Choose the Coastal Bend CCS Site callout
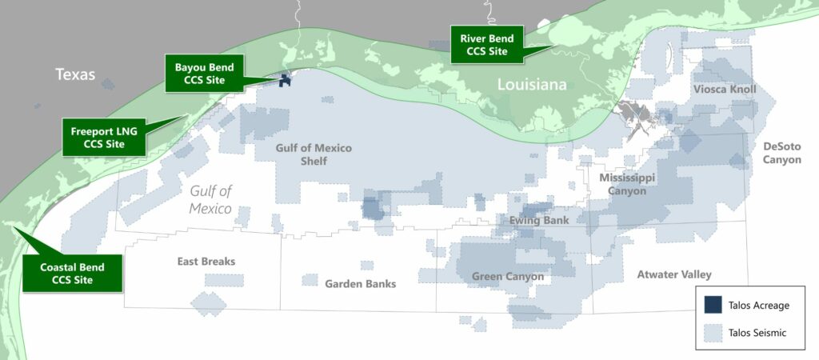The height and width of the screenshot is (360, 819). [72, 273]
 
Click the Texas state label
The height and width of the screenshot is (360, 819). [75, 75]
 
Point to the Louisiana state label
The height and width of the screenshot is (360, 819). [532, 85]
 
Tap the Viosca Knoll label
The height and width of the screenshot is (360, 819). [725, 89]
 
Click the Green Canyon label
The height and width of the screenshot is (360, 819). [508, 277]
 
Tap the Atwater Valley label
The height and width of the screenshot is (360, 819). [674, 274]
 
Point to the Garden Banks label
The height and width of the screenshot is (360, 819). [360, 283]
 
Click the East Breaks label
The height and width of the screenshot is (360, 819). [206, 262]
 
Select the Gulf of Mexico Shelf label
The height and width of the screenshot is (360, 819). [302, 154]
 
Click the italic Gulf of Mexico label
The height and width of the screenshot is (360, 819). [210, 199]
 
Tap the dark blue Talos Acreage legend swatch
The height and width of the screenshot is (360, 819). [713, 305]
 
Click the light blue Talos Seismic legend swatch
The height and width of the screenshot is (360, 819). [713, 332]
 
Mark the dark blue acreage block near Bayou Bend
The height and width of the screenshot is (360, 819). [284, 81]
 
